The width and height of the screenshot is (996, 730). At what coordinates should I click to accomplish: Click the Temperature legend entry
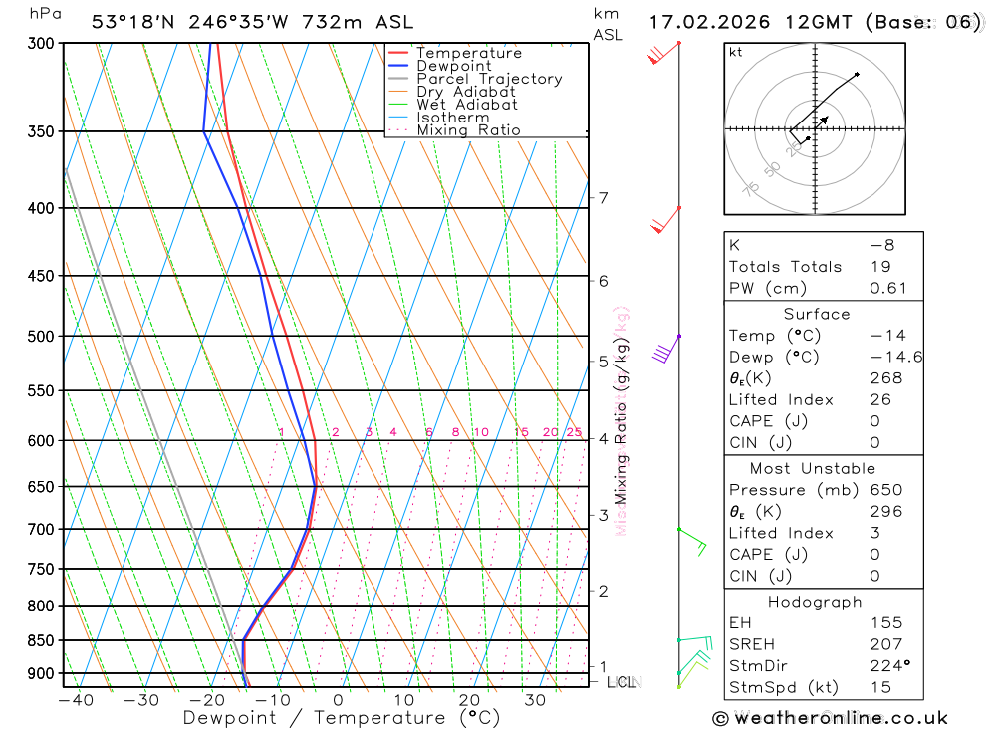[468, 53]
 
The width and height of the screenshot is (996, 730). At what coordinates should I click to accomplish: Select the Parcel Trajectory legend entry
[489, 79]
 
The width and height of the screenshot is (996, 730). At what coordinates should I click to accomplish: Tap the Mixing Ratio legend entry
[468, 130]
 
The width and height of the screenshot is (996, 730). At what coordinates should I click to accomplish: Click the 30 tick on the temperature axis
[535, 700]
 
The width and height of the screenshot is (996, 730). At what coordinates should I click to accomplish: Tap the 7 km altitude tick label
[604, 198]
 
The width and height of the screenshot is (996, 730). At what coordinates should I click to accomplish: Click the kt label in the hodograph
[736, 53]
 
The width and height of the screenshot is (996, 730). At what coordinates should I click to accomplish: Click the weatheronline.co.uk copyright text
[830, 718]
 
